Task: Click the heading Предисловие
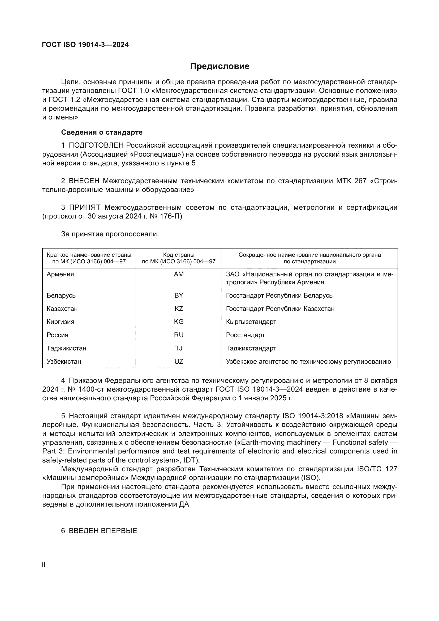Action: tap(219, 66)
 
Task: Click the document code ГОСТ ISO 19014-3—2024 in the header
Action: tap(85, 45)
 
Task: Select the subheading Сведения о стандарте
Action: tap(102, 132)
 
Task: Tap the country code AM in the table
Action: tap(179, 274)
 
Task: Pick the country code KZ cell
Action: tap(179, 309)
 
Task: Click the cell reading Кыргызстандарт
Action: tap(251, 322)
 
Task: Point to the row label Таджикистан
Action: tap(66, 348)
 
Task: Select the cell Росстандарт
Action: tap(245, 335)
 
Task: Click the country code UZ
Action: tap(179, 362)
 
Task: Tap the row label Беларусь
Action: tap(61, 295)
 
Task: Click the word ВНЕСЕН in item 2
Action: tap(84, 181)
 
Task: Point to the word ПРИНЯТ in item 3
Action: tap(85, 207)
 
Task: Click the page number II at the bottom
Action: tap(44, 565)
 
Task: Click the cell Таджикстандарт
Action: tap(251, 348)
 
